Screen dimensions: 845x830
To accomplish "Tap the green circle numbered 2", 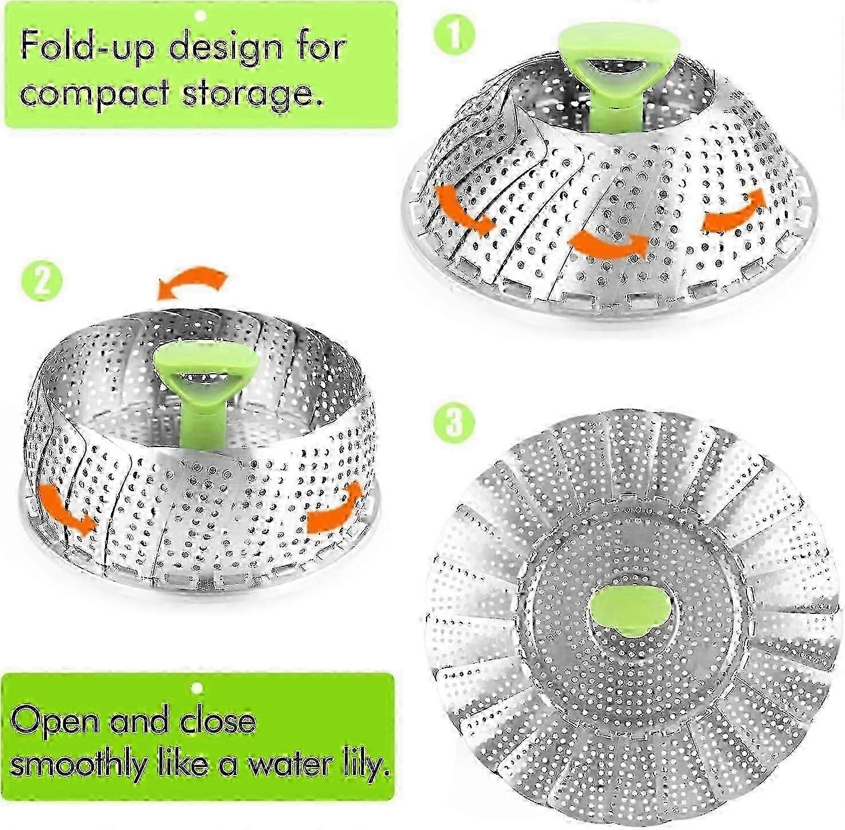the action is click(42, 281).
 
